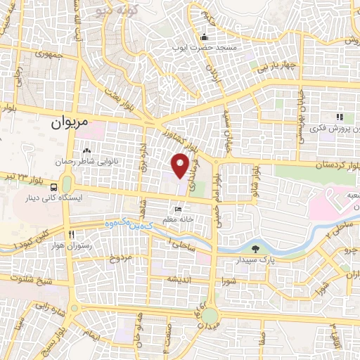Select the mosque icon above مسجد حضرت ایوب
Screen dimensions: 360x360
coord(205,37)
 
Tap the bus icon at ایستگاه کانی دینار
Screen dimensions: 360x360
coord(54,186)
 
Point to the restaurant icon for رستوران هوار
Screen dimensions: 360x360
coord(72,235)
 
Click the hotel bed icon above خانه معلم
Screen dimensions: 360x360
coord(179,210)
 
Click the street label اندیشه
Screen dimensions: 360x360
coord(176,279)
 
